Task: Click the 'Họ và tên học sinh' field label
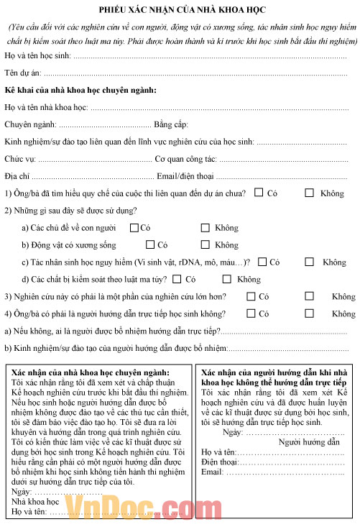click(x=38, y=55)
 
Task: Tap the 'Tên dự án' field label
click(x=23, y=73)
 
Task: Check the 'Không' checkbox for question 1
click(x=309, y=193)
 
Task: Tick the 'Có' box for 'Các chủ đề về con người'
click(x=134, y=228)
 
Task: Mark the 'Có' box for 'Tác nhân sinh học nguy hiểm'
click(x=262, y=262)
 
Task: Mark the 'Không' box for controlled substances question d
click(x=226, y=279)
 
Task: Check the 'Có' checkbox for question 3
click(x=250, y=296)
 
